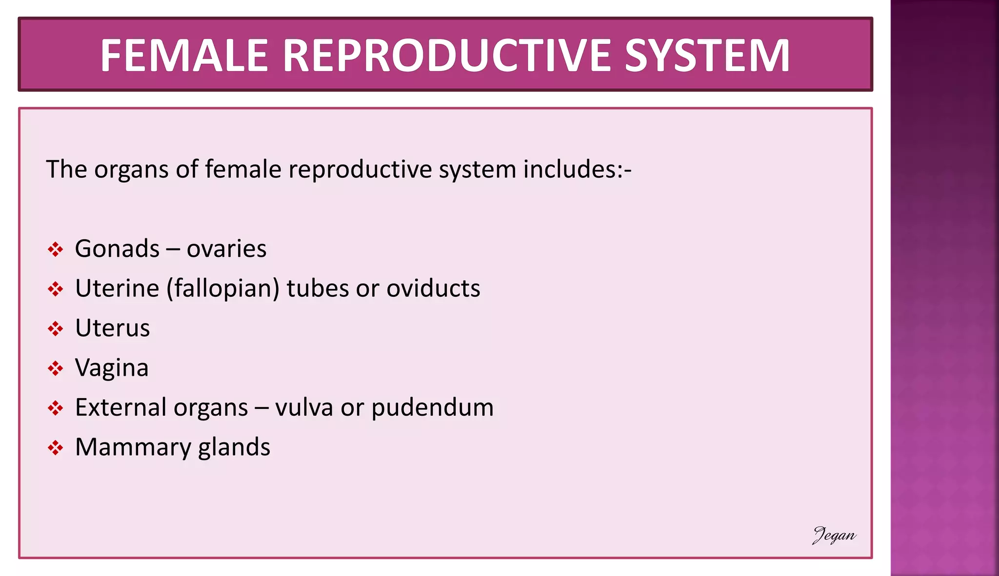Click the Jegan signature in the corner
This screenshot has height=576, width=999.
[834, 535]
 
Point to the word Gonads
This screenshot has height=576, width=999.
[117, 249]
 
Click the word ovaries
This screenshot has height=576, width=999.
[226, 249]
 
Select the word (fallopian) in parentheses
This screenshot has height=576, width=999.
[223, 288]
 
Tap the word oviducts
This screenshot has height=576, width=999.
[433, 288]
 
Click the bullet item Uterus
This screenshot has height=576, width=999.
[112, 328]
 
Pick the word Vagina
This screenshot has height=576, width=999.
[112, 368]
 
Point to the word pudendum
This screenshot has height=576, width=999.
[432, 407]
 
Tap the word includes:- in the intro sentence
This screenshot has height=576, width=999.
[577, 170]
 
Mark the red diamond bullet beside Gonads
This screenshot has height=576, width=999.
[55, 250]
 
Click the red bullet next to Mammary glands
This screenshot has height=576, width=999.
[55, 448]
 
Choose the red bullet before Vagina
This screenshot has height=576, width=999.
[55, 368]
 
